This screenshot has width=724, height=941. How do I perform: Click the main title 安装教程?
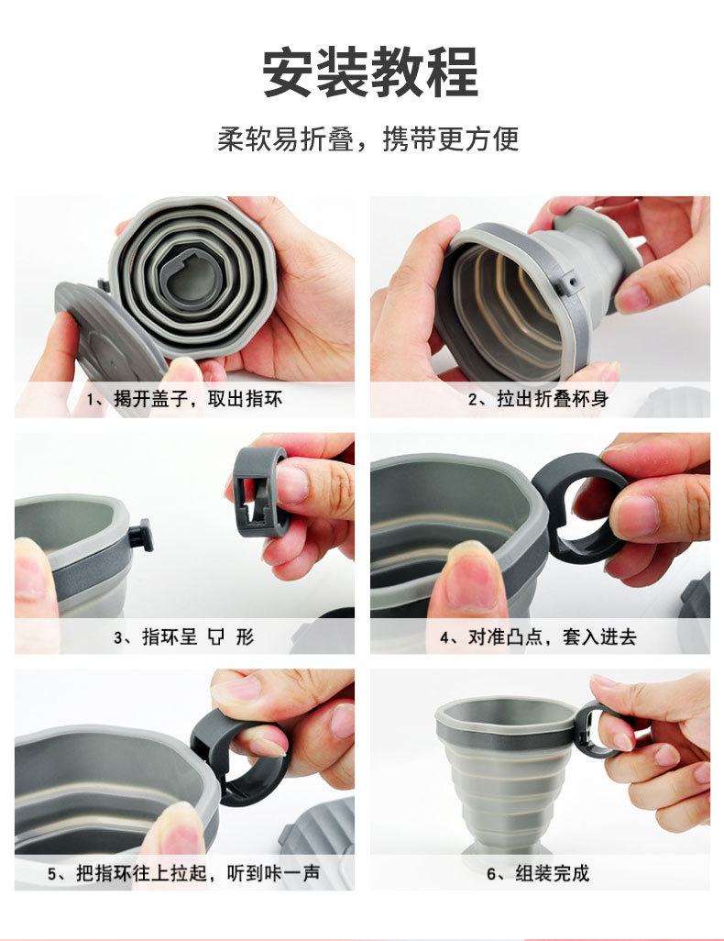(369, 72)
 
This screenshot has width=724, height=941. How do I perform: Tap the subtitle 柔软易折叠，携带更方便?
(368, 138)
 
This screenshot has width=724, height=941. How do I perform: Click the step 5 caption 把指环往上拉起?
(183, 873)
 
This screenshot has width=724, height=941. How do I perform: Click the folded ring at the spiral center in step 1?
(192, 276)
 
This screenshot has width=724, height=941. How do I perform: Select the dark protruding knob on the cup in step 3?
(140, 535)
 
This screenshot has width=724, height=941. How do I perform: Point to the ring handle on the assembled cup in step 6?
(593, 729)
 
